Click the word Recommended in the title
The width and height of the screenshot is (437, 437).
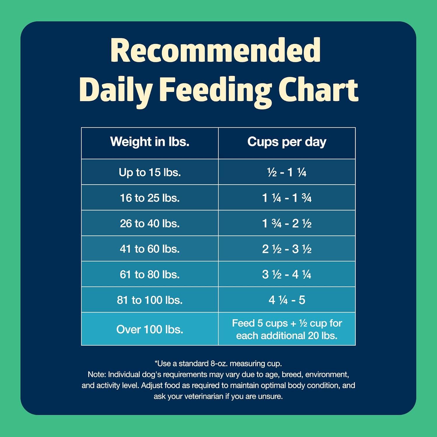pyautogui.click(x=216, y=50)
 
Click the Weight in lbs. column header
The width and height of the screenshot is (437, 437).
pyautogui.click(x=150, y=142)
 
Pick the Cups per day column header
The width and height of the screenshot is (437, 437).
pyautogui.click(x=287, y=142)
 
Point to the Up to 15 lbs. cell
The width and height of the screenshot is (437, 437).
pyautogui.click(x=150, y=172)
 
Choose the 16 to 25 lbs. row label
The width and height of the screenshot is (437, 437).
pyautogui.click(x=150, y=198)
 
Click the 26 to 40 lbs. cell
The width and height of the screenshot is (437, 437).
pyautogui.click(x=150, y=223)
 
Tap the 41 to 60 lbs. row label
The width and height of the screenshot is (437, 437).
pyautogui.click(x=150, y=249)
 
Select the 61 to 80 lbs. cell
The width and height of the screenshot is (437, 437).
pyautogui.click(x=150, y=274)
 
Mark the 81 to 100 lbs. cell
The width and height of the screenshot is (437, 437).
pyautogui.click(x=150, y=300)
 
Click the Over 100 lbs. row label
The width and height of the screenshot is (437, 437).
pyautogui.click(x=150, y=329)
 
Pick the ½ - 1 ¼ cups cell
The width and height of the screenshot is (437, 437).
pyautogui.click(x=287, y=172)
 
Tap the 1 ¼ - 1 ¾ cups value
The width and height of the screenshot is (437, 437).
pyautogui.click(x=287, y=198)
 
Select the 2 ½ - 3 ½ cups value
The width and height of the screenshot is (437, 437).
pyautogui.click(x=287, y=249)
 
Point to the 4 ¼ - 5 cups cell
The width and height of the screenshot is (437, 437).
pyautogui.click(x=287, y=300)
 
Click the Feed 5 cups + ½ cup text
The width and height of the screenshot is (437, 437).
pyautogui.click(x=287, y=323)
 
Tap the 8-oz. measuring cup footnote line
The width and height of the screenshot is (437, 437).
pyautogui.click(x=218, y=363)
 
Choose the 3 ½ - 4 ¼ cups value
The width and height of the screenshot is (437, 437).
pyautogui.click(x=287, y=274)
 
